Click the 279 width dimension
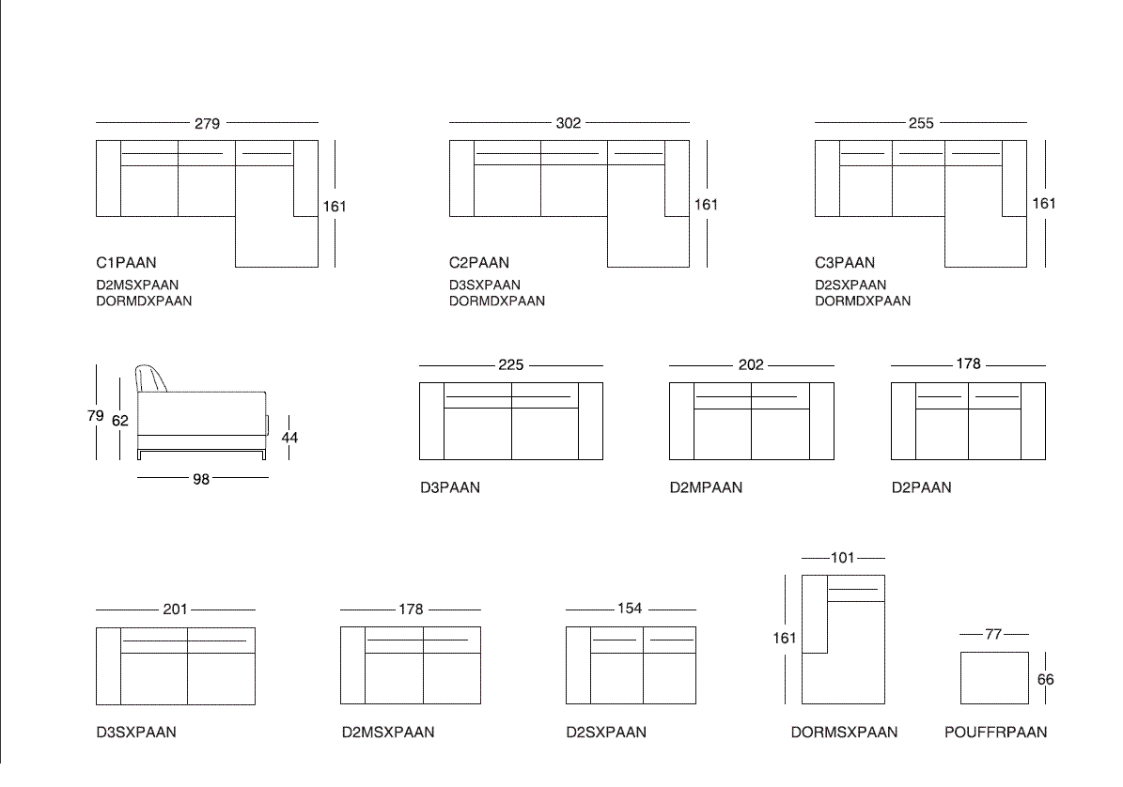(x=207, y=124)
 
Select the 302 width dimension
(x=569, y=123)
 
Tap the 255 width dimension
(x=921, y=123)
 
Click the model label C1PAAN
(x=126, y=263)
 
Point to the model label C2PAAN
(x=479, y=263)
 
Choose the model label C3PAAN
(x=845, y=263)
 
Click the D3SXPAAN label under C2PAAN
(x=485, y=285)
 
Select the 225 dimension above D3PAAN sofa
(x=510, y=365)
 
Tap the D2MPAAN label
(x=706, y=487)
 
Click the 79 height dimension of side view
(x=95, y=416)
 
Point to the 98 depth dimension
(x=201, y=479)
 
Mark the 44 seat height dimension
(x=289, y=437)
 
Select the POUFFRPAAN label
(x=995, y=732)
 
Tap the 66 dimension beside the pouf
(x=1046, y=680)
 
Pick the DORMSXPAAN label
(x=845, y=732)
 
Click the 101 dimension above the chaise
(x=843, y=557)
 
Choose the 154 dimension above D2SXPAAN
(x=630, y=609)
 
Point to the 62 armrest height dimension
(x=120, y=421)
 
